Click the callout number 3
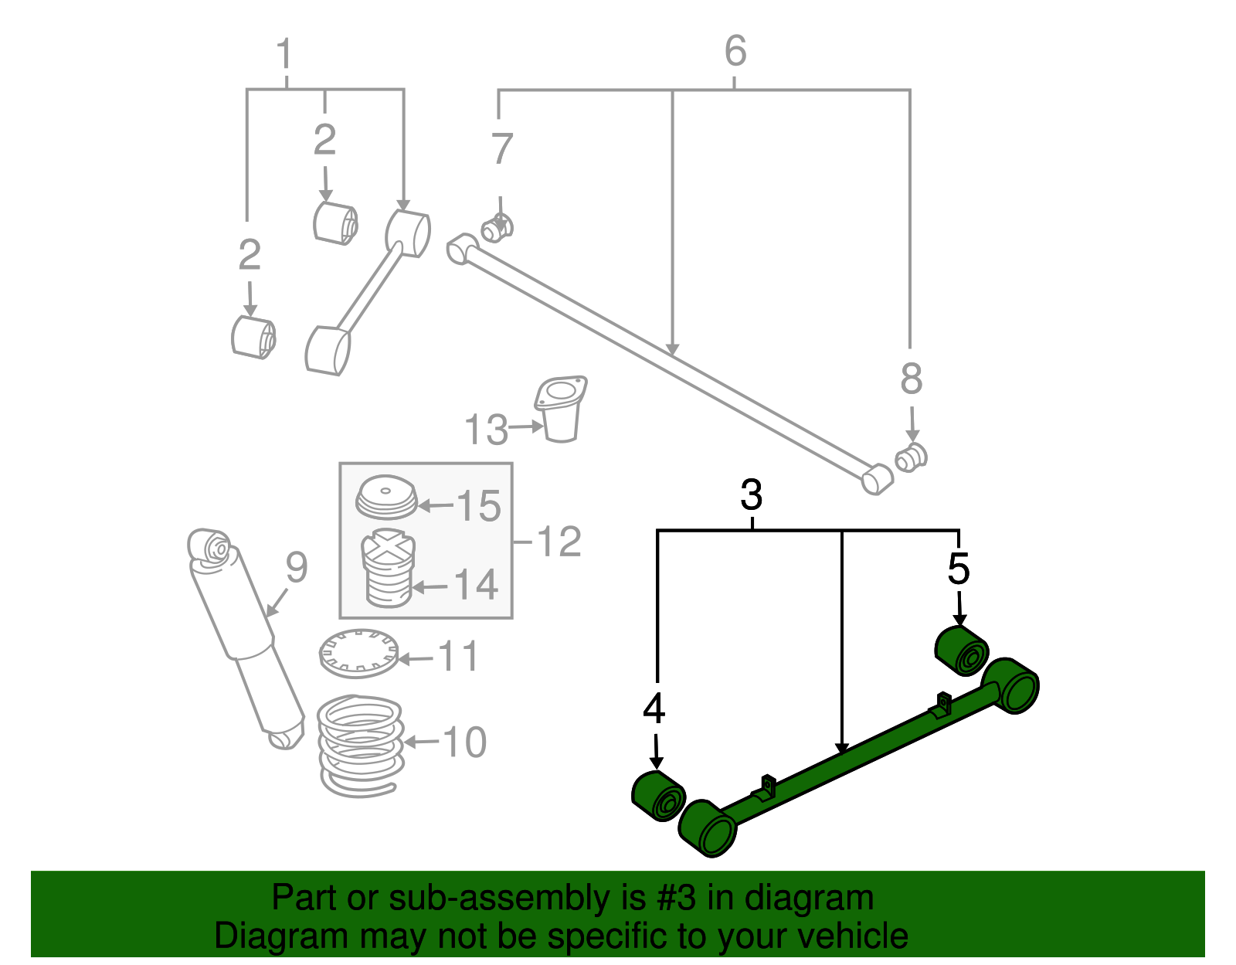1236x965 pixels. pos(751,495)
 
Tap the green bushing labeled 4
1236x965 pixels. pos(658,797)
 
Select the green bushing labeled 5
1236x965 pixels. pos(962,651)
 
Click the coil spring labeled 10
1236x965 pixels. pos(361,746)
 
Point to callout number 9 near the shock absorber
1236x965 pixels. pos(296,568)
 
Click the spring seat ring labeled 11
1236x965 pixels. pos(358,654)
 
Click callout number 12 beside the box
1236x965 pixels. pos(558,542)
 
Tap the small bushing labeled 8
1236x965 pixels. pos(912,457)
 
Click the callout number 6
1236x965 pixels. pos(735,51)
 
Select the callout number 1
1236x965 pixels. pos(284,55)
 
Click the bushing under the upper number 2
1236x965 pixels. pos(335,223)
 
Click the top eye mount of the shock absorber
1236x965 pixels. pos(211,545)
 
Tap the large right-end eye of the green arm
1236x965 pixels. pos(1014,685)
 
